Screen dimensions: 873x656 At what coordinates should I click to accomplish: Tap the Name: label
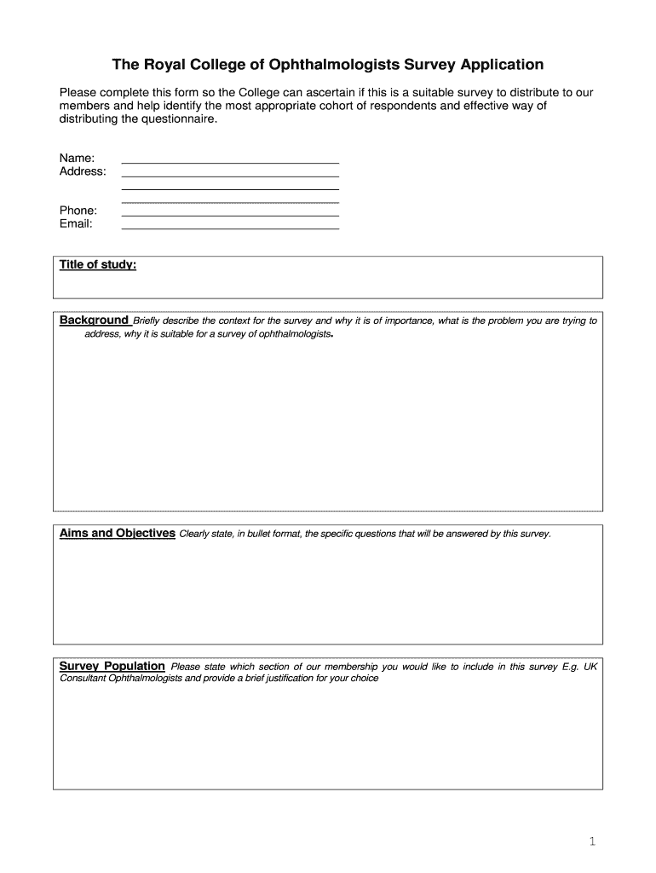pyautogui.click(x=77, y=158)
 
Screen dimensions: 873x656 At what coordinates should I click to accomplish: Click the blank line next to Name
pyautogui.click(x=231, y=160)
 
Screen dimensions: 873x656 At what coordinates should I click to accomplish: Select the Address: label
pyautogui.click(x=83, y=171)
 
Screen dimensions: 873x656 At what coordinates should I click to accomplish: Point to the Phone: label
pyautogui.click(x=78, y=211)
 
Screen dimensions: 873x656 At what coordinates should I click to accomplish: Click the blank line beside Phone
pyautogui.click(x=231, y=215)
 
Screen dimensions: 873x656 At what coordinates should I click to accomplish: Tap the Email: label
pyautogui.click(x=76, y=224)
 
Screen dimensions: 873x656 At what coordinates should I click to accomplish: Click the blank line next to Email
pyautogui.click(x=231, y=228)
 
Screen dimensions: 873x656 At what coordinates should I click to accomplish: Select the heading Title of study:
pyautogui.click(x=98, y=265)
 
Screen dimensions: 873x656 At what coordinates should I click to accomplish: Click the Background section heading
pyautogui.click(x=94, y=321)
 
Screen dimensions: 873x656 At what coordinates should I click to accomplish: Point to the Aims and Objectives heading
pyautogui.click(x=118, y=534)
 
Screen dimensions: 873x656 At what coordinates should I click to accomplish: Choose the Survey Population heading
pyautogui.click(x=112, y=667)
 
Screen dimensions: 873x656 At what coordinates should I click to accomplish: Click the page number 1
pyautogui.click(x=592, y=842)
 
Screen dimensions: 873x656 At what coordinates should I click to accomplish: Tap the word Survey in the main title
pyautogui.click(x=425, y=65)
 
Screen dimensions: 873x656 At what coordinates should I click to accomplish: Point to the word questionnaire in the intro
pyautogui.click(x=181, y=119)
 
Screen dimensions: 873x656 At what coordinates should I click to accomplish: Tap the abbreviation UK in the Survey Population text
pyautogui.click(x=590, y=667)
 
